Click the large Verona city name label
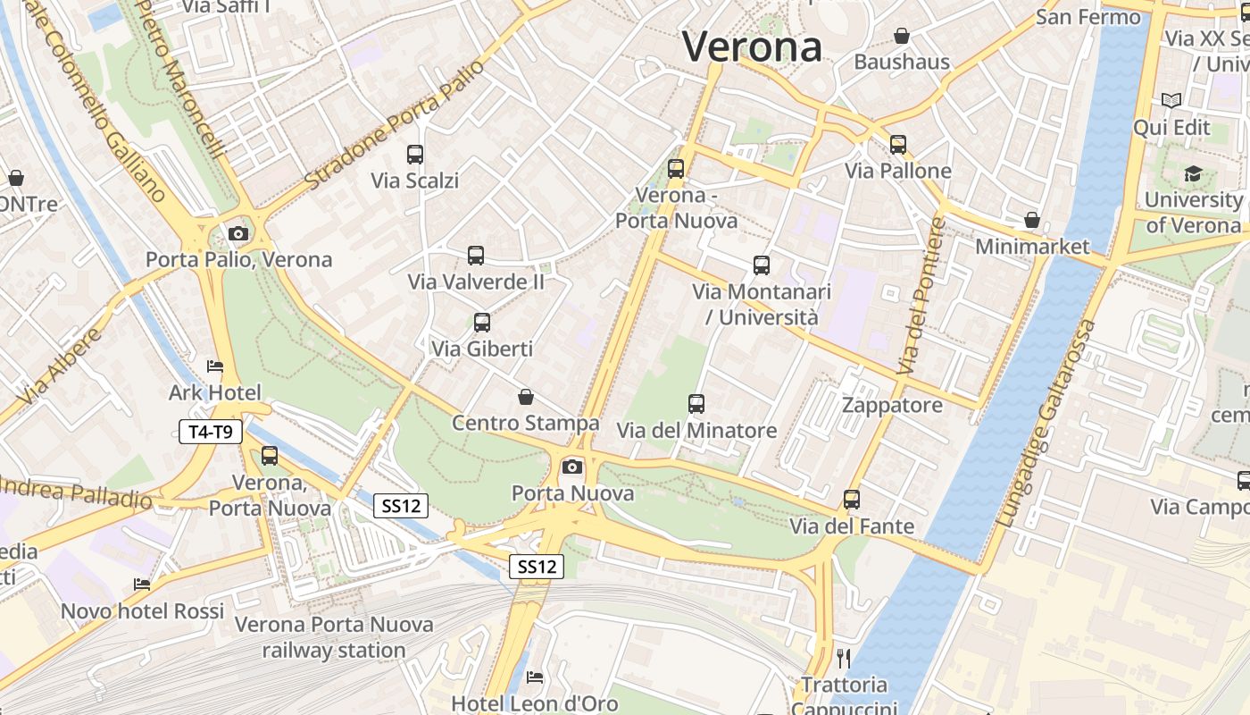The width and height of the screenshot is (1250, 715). [752, 46]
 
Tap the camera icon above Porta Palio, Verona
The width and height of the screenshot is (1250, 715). [238, 234]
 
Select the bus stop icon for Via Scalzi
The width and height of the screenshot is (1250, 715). [415, 155]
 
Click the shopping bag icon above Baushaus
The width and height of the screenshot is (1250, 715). [902, 37]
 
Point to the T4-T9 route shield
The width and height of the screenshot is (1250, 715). [211, 433]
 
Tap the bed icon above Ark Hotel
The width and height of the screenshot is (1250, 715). [215, 366]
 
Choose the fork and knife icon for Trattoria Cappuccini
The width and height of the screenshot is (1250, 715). [844, 659]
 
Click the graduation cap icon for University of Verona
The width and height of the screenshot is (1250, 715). [1193, 174]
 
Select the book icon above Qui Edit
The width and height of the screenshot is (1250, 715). [1171, 102]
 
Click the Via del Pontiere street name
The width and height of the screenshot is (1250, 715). [921, 296]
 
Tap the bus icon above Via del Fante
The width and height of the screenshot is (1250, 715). [852, 500]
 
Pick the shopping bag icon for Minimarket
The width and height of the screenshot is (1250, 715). [1032, 220]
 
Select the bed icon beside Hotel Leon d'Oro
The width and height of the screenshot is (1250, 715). [535, 677]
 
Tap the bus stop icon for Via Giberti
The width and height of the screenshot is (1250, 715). [482, 323]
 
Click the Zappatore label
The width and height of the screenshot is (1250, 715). [892, 405]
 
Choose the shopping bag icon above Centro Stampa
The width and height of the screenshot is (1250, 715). [526, 397]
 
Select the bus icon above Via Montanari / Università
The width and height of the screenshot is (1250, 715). [762, 265]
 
